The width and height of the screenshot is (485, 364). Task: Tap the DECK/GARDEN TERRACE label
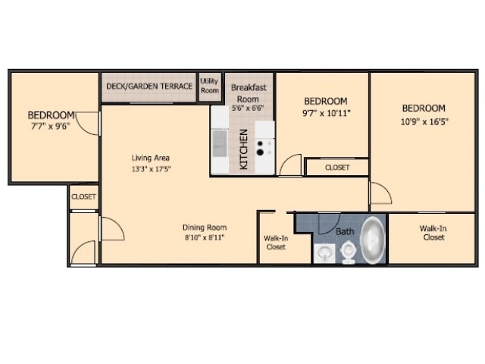[x=149, y=86]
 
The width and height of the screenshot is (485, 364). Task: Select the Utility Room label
[x=209, y=86]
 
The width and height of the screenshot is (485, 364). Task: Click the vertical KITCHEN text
[x=244, y=150]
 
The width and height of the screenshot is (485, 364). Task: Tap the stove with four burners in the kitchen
[x=264, y=146]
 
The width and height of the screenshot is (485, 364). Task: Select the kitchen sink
[x=220, y=142]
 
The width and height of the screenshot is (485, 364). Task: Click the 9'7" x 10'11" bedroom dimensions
[x=325, y=113]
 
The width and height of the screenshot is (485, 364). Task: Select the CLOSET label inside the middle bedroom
[x=336, y=168]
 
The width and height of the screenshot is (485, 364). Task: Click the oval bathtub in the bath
[x=372, y=239]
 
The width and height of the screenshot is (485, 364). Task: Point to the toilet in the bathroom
[x=349, y=250]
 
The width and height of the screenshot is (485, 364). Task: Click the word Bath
[x=345, y=231]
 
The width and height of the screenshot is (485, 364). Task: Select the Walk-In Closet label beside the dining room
[x=275, y=242]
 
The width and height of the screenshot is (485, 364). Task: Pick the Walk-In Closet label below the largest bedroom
[x=433, y=232]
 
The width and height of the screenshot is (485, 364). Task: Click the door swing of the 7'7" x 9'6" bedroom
[x=89, y=124]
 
